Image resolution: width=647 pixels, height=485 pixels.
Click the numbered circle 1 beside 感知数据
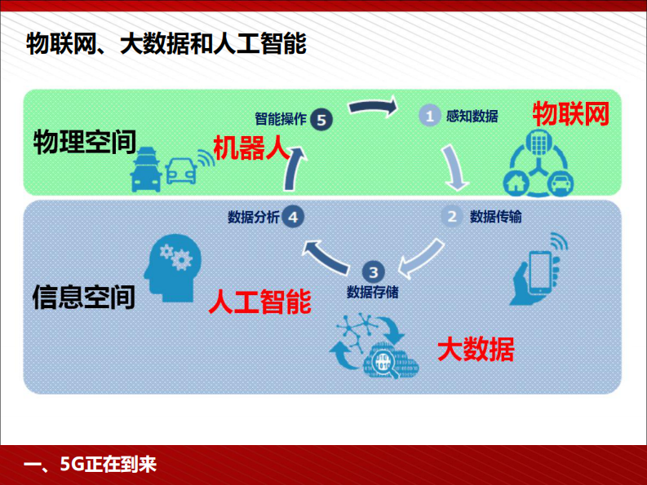point(430,116)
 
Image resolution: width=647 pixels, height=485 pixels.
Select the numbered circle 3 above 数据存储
point(372,272)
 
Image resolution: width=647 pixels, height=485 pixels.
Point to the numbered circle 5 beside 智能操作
point(322,119)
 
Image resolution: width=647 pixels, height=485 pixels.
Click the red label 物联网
point(571,114)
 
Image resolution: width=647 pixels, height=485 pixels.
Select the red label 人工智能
point(259,302)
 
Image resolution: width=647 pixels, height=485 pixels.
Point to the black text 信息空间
point(84,296)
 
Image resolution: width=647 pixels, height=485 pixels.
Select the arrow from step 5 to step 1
point(372,106)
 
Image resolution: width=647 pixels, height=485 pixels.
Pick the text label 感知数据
point(472,116)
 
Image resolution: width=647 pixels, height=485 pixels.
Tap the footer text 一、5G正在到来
point(91,465)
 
